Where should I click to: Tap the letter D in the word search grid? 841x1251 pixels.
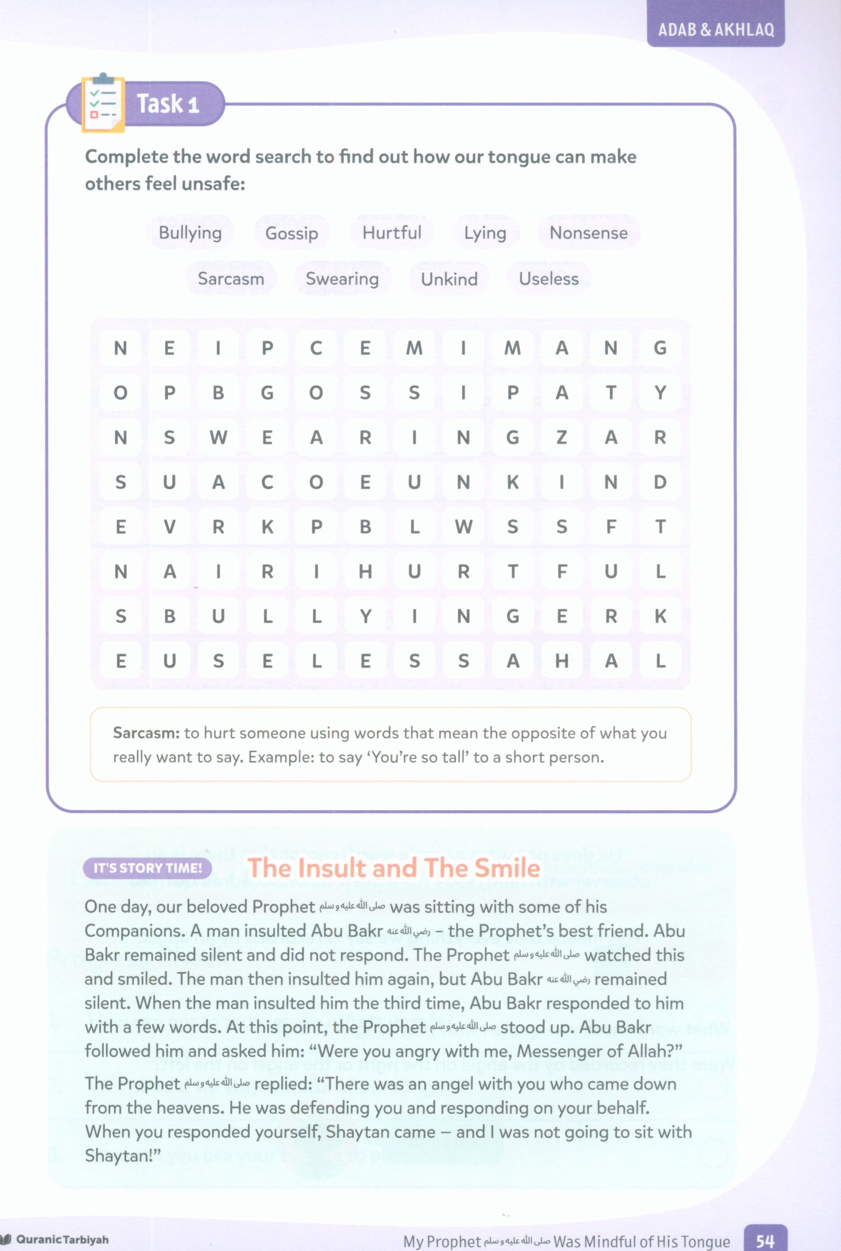coord(660,482)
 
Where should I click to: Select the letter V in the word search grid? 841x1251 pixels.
coord(169,527)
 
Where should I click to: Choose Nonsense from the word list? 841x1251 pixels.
coord(588,233)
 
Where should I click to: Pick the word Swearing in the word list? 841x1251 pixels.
coord(342,279)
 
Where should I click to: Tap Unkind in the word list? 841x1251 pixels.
coord(449,279)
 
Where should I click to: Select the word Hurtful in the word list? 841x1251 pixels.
coord(391,233)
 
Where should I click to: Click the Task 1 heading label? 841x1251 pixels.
coord(168,103)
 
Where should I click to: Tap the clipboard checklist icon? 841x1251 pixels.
coord(103,103)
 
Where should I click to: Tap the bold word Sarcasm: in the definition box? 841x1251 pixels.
coord(146,733)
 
